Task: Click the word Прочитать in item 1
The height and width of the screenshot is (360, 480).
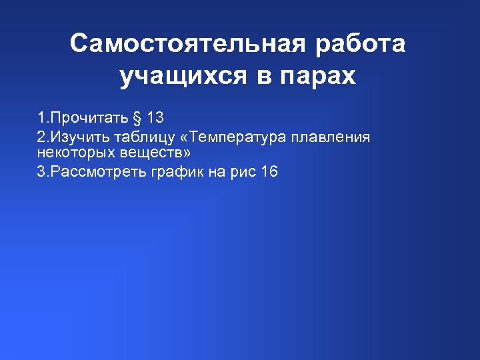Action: (x=83, y=119)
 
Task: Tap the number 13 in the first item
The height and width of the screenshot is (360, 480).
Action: (x=155, y=119)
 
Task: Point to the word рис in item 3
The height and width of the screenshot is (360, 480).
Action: (x=239, y=172)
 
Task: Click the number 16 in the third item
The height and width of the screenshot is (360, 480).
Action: (x=269, y=172)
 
